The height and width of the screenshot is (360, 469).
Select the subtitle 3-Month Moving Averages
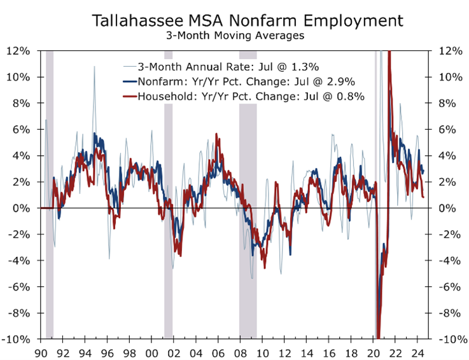click(235, 36)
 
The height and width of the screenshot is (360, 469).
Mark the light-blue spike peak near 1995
click(94, 67)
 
